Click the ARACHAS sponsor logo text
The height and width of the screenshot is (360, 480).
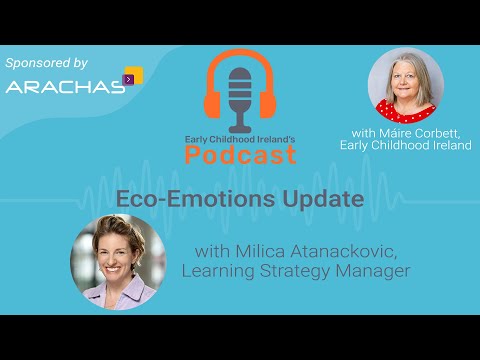coord(62,85)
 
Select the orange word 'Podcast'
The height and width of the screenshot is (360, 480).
coord(241,154)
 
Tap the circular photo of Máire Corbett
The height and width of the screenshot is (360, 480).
coord(405,85)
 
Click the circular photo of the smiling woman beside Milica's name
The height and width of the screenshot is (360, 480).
coord(113,262)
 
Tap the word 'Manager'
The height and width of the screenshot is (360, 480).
coord(374,270)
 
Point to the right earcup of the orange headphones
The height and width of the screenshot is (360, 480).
coord(271,101)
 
